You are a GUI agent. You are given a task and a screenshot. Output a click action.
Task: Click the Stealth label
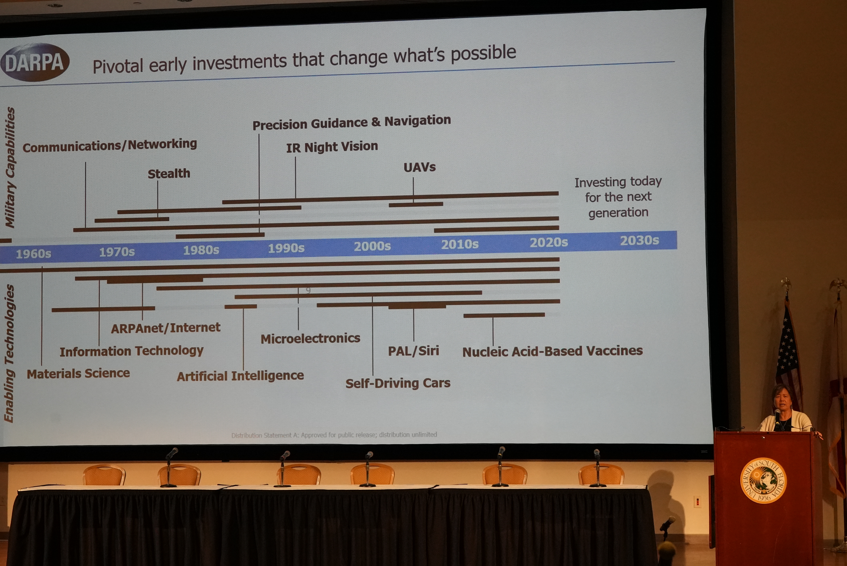[169, 174]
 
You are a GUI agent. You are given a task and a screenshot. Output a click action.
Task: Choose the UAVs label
[420, 167]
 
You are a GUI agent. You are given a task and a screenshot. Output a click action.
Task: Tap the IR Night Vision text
[332, 146]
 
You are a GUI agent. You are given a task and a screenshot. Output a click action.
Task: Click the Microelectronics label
[310, 338]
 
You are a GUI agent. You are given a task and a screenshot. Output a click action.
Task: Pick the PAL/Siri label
[413, 351]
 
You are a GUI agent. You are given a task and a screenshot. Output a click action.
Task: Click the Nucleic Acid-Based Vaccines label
[553, 351]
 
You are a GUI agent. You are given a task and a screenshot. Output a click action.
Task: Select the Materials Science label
[78, 373]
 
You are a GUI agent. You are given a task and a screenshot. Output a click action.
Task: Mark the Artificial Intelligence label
[240, 376]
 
